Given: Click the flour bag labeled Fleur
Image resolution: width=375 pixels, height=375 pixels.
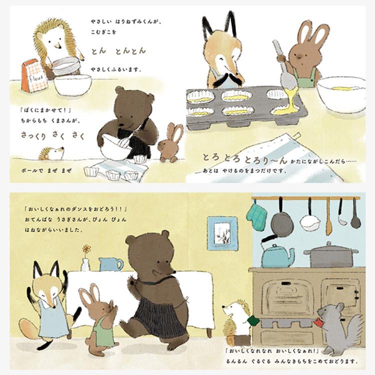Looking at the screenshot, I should pos(34,76).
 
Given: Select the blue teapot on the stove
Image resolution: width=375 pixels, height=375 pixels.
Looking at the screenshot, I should pos(278,255).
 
